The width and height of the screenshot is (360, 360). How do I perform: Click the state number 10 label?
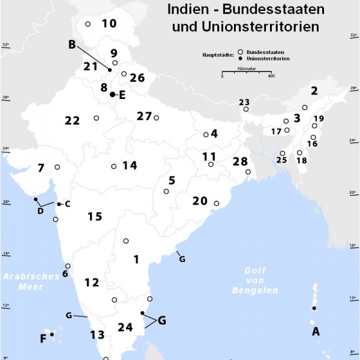point(109,24)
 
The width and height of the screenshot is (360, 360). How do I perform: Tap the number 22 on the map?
point(72,121)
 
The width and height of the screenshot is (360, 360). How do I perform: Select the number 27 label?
point(144,116)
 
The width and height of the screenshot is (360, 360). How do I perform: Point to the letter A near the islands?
point(316,331)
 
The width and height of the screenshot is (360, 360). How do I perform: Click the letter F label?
point(43,339)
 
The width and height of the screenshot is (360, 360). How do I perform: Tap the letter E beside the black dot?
point(122,95)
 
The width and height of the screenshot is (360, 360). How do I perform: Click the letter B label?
point(72,44)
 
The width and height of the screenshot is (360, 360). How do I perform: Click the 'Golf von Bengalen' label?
point(255,280)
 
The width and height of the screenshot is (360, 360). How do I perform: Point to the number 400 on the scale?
point(271,76)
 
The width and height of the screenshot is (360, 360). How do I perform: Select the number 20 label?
point(200,201)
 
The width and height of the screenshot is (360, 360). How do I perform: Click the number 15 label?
point(95,217)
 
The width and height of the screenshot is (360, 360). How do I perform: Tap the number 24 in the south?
point(125,328)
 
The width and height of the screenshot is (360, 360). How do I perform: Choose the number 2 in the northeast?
point(313,91)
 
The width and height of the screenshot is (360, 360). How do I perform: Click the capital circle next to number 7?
point(57,167)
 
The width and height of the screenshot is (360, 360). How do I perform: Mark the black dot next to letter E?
point(112,95)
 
